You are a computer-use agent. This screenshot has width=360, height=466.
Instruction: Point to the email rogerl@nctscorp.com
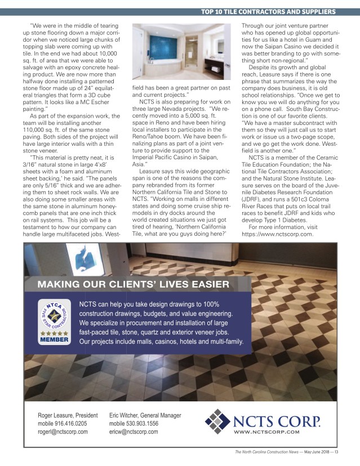63,432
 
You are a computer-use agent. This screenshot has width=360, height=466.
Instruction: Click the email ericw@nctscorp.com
134,432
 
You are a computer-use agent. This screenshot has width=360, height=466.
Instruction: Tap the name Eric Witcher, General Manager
145,415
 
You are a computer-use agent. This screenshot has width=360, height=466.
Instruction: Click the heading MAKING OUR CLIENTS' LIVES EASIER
133,284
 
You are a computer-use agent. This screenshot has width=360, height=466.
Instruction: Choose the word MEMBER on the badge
54,340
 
